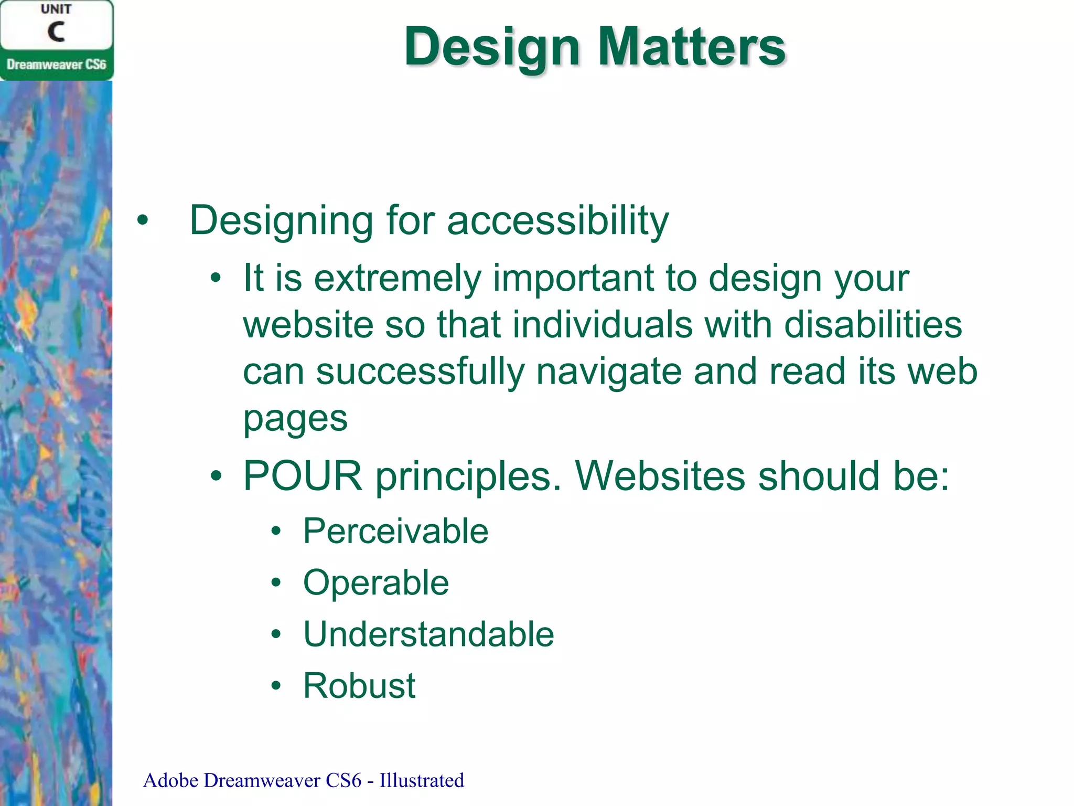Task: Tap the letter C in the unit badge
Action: point(56,32)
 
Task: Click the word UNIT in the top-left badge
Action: point(56,9)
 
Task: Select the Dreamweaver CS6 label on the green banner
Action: point(56,65)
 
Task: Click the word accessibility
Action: point(557,220)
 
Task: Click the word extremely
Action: point(397,279)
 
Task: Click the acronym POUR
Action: point(303,476)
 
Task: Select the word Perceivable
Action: point(395,531)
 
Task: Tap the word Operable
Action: point(375,583)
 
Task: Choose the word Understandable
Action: point(428,634)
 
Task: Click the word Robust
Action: point(359,686)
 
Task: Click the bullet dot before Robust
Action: point(276,685)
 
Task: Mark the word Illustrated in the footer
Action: point(422,780)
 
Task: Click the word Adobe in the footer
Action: point(170,780)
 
